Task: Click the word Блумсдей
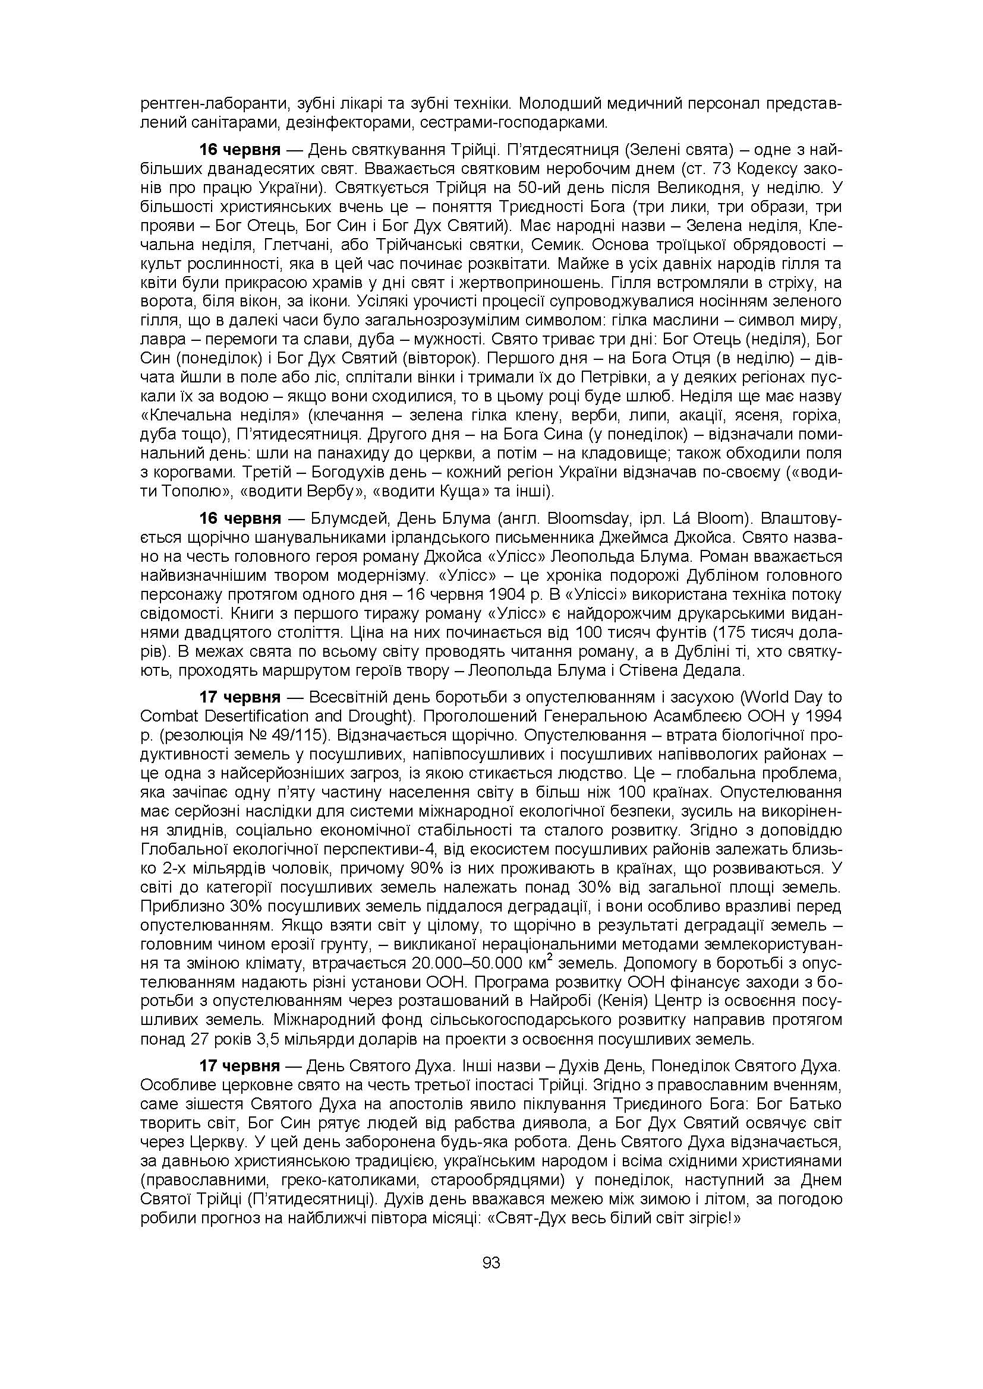342,519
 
